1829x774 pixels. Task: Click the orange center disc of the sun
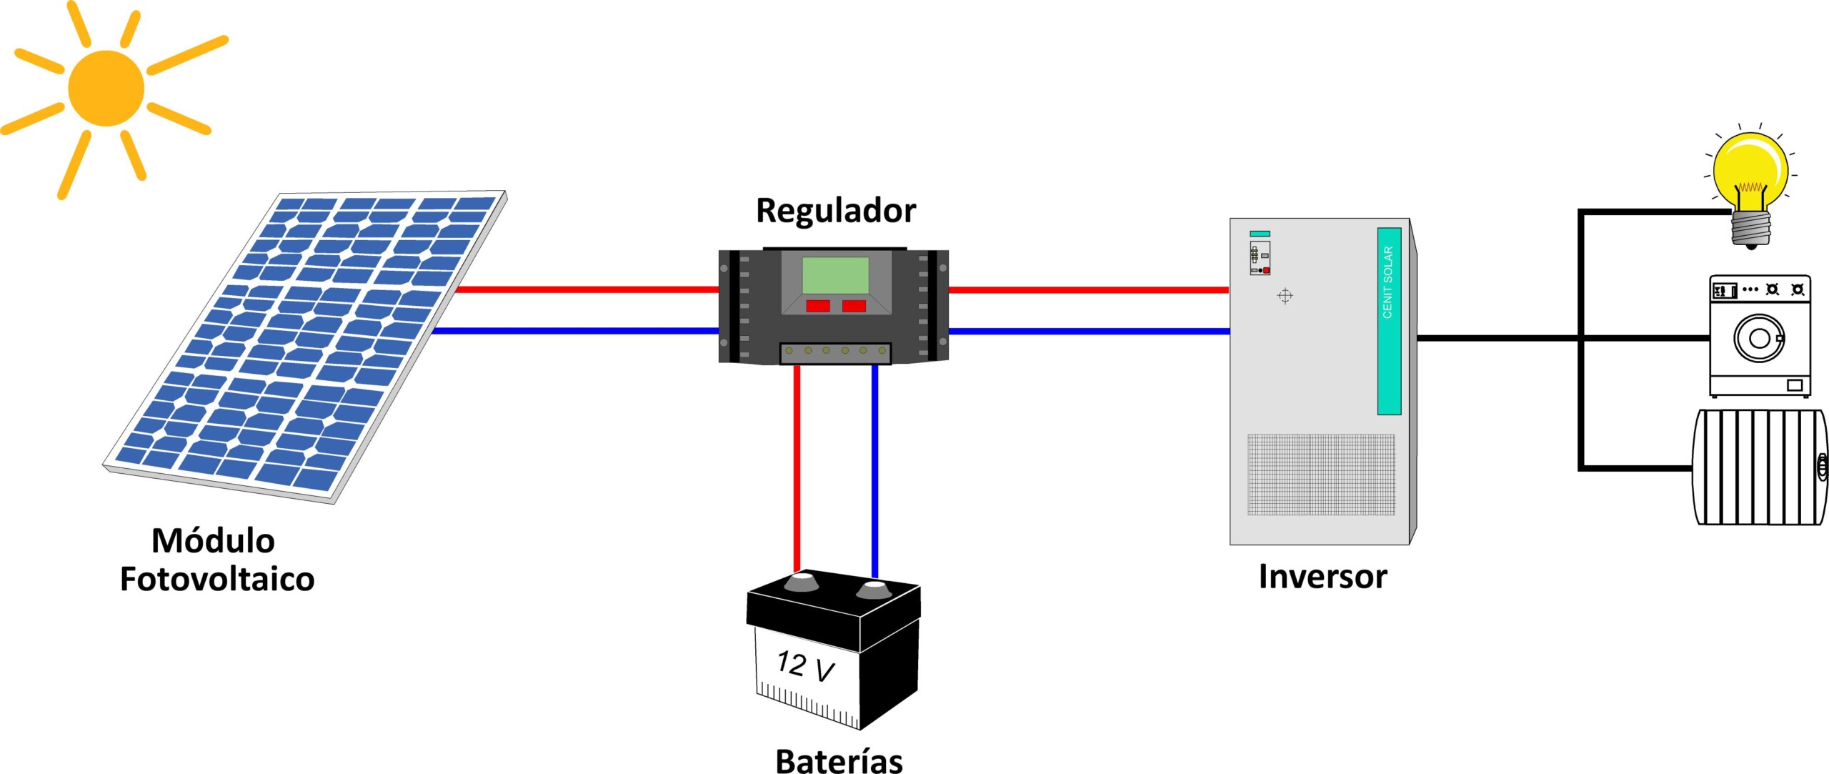tap(106, 88)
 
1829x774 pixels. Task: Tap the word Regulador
tap(835, 211)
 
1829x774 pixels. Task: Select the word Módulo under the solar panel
tap(213, 541)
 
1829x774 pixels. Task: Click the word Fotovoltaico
tap(216, 579)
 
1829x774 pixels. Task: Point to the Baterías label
tap(839, 760)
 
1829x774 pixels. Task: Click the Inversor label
tap(1322, 577)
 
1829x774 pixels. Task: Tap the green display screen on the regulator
tap(835, 275)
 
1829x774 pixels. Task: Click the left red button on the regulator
tap(817, 306)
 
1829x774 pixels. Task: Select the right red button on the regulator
tap(854, 306)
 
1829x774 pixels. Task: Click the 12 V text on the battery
tap(805, 666)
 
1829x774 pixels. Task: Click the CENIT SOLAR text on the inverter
tap(1388, 282)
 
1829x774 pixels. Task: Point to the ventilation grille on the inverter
tap(1321, 474)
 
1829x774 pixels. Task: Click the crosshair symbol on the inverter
tap(1285, 296)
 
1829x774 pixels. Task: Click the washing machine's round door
tap(1759, 338)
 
